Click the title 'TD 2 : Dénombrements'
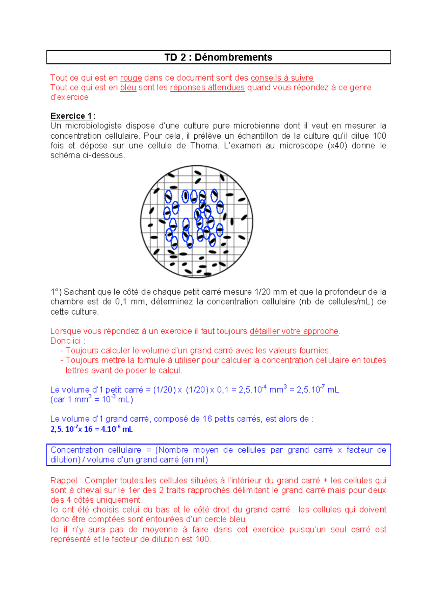coord(218,57)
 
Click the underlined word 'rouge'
coord(131,78)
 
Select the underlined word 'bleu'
coord(128,87)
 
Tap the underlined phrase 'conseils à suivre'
coord(282,78)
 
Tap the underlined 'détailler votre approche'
coord(294,331)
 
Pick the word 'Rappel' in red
coord(64,480)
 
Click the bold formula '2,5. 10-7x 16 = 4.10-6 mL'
coord(91,429)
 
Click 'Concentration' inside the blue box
coord(76,450)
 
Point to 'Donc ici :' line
coord(68,341)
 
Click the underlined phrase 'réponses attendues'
coord(207,87)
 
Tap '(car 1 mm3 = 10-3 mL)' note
coord(92,399)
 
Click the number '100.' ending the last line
coord(203,539)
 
